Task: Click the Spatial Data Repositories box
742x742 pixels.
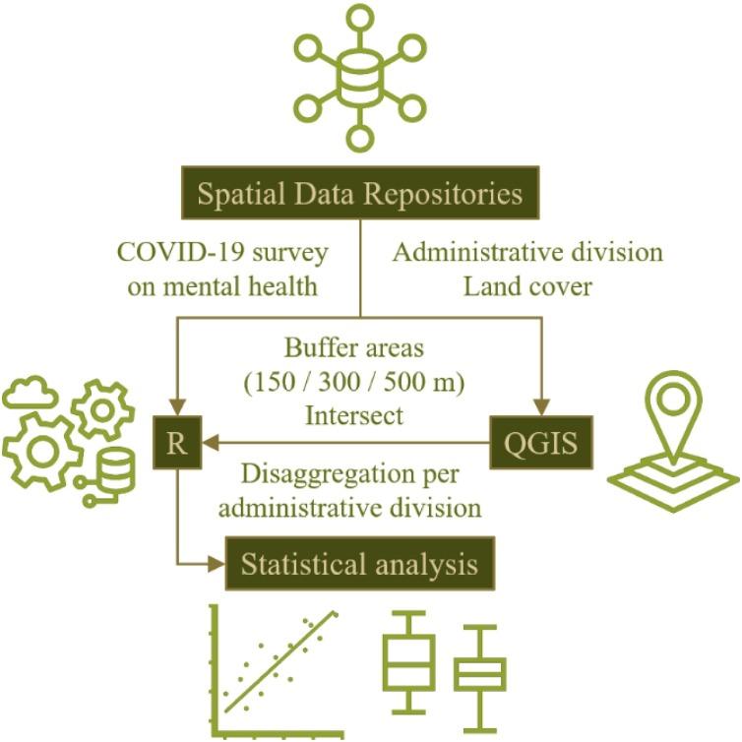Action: click(359, 193)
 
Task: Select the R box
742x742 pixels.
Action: click(177, 444)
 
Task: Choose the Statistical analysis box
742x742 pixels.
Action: click(359, 565)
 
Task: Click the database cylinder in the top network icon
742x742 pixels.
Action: click(360, 72)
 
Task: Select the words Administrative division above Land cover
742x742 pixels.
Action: click(527, 252)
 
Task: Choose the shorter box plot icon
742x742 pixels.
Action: click(479, 673)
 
